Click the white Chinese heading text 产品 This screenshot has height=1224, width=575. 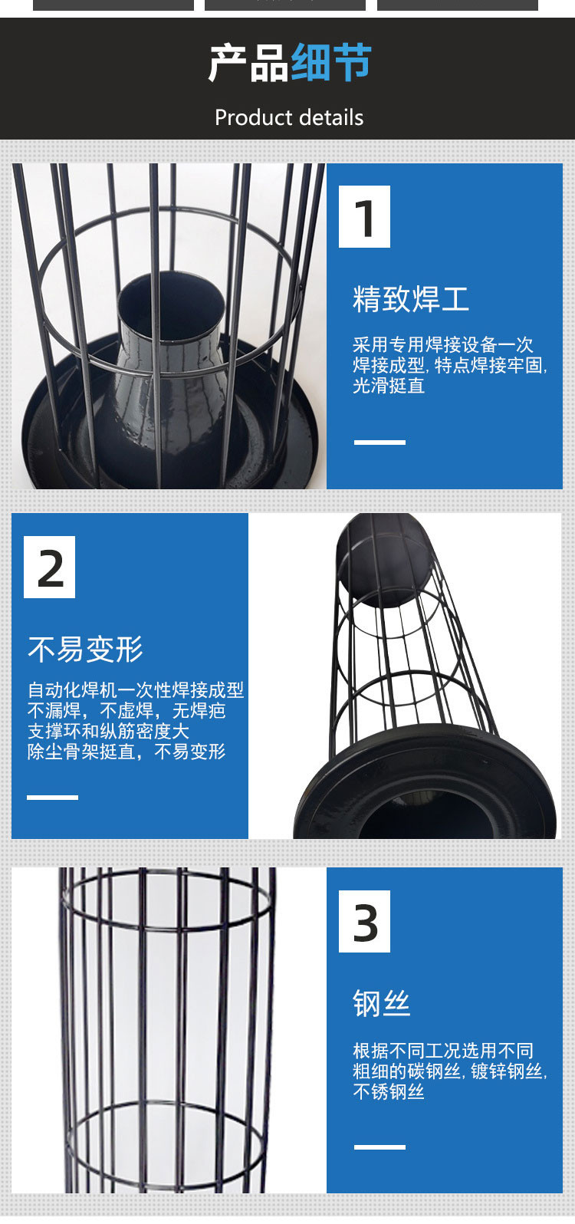248,63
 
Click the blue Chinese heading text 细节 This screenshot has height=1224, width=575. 331,63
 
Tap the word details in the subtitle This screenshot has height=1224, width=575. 331,117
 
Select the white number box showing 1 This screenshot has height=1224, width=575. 364,217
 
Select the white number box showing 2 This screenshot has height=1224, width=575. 49,568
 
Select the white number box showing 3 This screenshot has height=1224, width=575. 364,921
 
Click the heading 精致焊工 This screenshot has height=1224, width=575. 411,299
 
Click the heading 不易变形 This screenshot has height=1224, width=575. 85,649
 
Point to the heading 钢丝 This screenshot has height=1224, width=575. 381,1004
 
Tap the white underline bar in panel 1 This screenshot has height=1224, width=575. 379,442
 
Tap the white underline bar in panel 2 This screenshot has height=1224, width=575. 52,798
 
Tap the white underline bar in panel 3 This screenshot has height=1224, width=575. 379,1147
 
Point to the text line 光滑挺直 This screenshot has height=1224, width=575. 388,386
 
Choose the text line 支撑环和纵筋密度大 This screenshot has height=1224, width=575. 109,731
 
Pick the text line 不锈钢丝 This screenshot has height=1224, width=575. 388,1091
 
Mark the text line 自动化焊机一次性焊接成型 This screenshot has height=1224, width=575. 136,690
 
